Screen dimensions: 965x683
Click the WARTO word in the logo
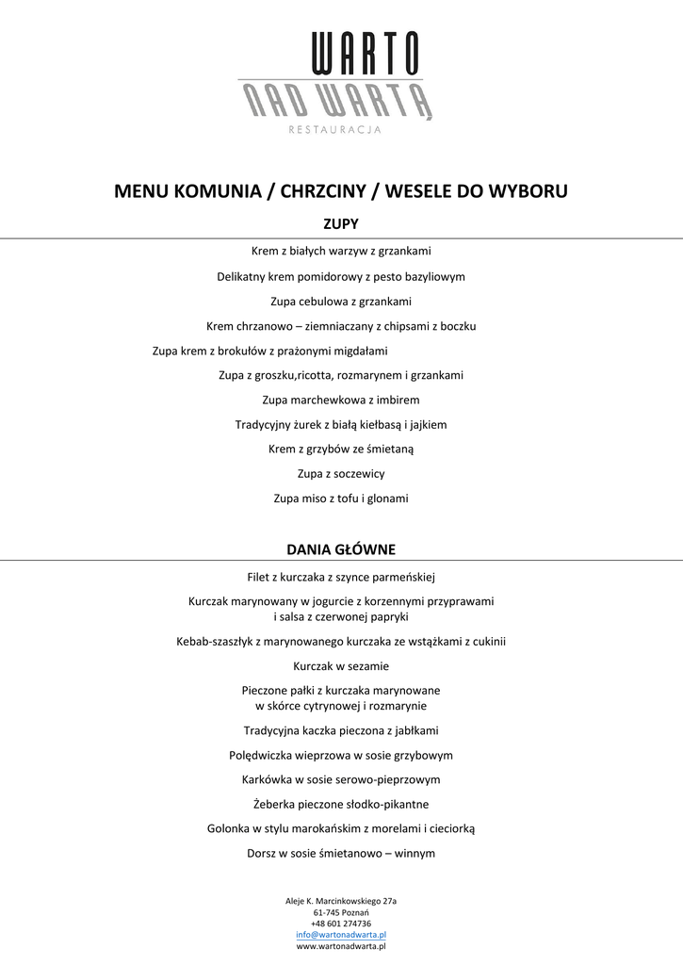[366, 54]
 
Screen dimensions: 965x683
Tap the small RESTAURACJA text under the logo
[334, 129]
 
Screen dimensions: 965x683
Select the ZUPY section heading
[341, 224]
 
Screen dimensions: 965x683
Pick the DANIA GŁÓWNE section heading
[341, 548]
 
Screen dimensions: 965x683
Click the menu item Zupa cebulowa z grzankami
[341, 302]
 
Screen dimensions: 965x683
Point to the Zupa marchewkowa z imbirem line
[341, 400]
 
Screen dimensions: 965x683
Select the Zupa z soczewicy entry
[341, 473]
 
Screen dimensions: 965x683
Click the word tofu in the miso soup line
[358, 498]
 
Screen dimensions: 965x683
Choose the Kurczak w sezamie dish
[341, 665]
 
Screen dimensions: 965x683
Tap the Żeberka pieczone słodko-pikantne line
[341, 804]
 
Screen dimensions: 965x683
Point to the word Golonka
[229, 828]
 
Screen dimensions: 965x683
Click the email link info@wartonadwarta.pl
[341, 934]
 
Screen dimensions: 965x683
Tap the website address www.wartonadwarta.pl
[341, 945]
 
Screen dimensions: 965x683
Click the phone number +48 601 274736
[341, 924]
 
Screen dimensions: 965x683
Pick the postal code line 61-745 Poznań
[341, 912]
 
